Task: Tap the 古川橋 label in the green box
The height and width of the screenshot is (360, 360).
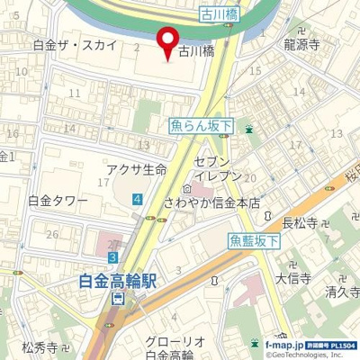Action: [x=220, y=15]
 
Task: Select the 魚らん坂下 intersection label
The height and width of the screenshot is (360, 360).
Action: [x=201, y=129]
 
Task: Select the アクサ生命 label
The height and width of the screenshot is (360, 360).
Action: [x=137, y=170]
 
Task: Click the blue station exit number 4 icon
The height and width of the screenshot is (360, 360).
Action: [x=136, y=198]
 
